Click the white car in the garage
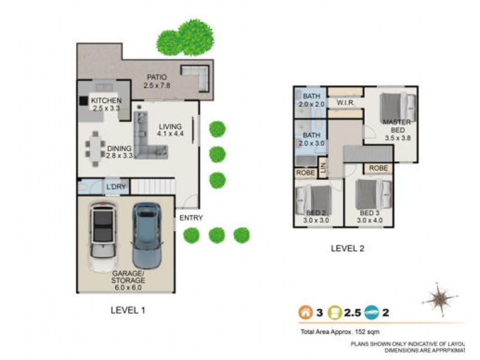103,237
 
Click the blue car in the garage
146,235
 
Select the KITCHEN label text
106,100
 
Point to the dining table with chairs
93,148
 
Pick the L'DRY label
116,187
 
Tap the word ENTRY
191,218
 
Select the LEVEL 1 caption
128,310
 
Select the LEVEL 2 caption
347,248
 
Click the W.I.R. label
346,103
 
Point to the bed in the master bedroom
399,107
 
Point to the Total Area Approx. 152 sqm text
339,331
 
